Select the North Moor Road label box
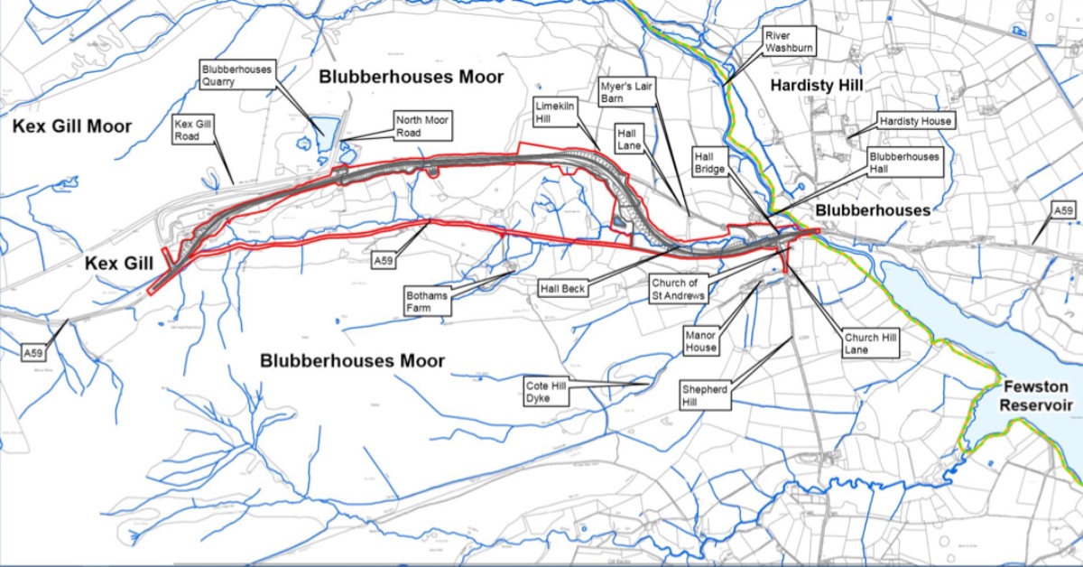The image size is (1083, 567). tap(421, 125)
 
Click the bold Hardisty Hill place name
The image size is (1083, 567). tap(817, 85)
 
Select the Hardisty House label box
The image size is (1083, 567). tap(915, 120)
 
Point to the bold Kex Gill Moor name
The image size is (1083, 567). tap(72, 126)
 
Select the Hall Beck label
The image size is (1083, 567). tap(563, 288)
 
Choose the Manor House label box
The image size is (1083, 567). tap(701, 340)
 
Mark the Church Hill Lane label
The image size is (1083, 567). tap(871, 343)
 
